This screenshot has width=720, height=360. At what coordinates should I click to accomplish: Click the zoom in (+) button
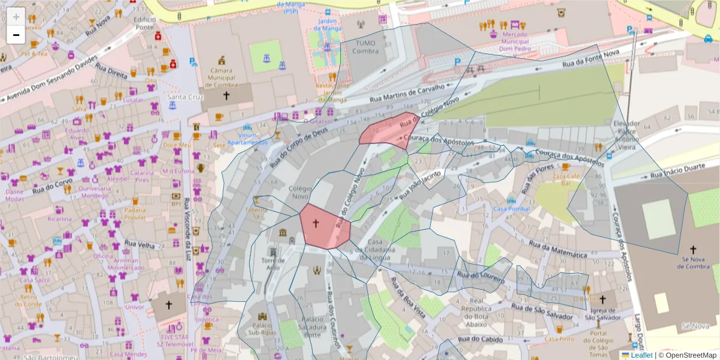point(16,17)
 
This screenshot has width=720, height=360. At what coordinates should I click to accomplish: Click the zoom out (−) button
point(16,35)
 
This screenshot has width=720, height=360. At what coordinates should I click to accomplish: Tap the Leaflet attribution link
point(641,355)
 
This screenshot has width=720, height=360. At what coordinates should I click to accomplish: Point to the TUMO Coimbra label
point(367,47)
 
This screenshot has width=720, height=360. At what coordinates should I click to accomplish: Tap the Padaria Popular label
point(135,214)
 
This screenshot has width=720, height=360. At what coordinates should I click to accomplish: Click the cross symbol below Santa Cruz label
point(226,95)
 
